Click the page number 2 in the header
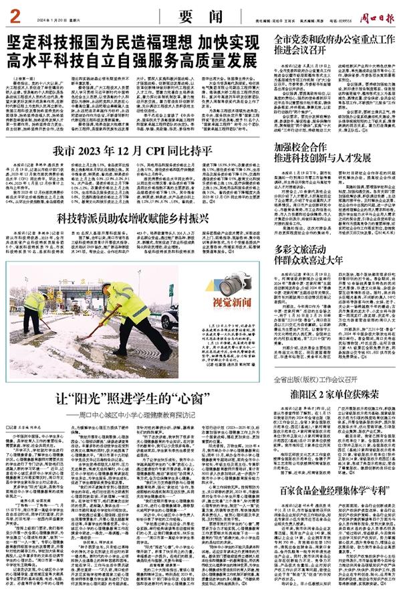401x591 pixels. (13, 13)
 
